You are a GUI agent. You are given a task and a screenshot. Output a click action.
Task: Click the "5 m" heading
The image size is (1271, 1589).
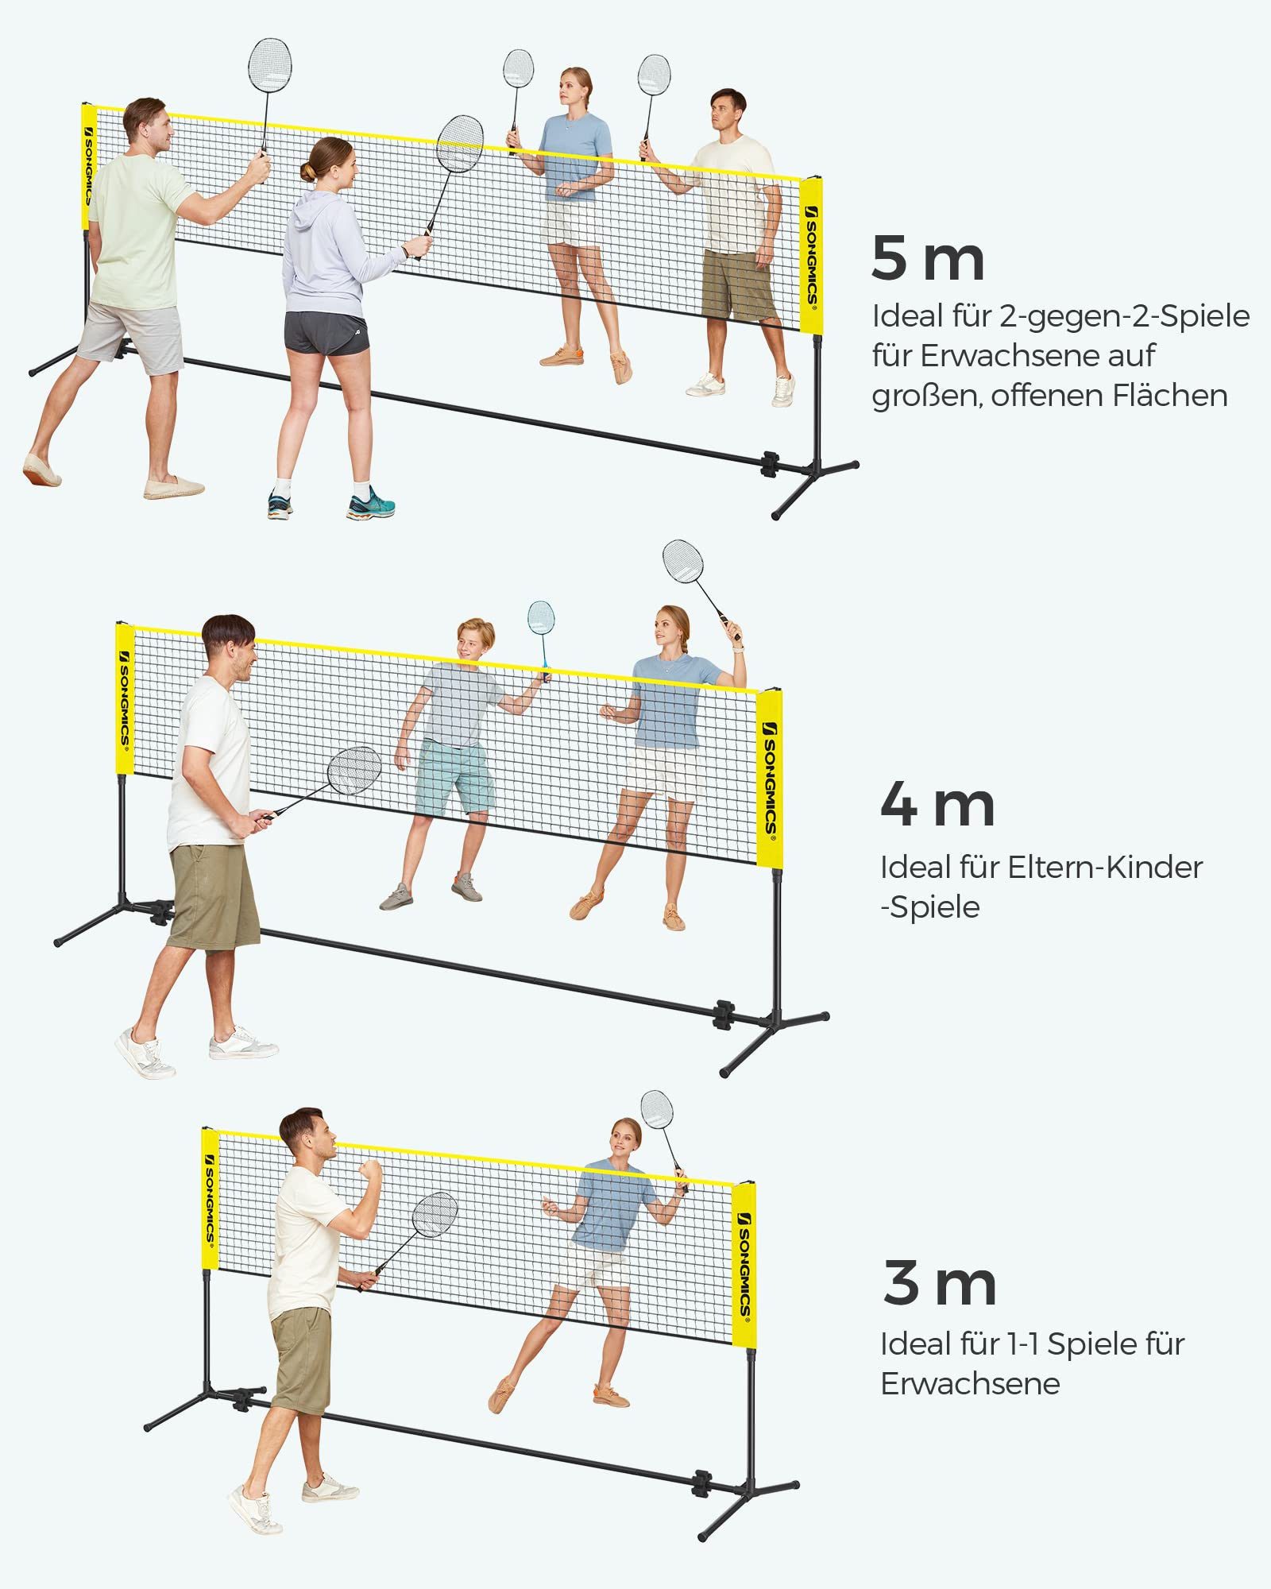pyautogui.click(x=928, y=258)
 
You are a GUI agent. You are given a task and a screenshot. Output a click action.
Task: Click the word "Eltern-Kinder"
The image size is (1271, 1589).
pyautogui.click(x=1105, y=867)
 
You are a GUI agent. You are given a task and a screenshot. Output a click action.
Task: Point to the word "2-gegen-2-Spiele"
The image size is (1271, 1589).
pyautogui.click(x=1124, y=316)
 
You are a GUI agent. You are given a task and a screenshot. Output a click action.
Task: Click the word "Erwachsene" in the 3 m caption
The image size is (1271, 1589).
pyautogui.click(x=970, y=1384)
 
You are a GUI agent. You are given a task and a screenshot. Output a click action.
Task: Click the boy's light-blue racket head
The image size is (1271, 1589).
pyautogui.click(x=541, y=617)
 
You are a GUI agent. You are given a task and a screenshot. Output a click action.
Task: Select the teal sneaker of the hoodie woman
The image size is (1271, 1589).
pyautogui.click(x=371, y=504)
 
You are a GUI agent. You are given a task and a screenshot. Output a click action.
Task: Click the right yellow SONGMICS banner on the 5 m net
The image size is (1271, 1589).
pyautogui.click(x=811, y=255)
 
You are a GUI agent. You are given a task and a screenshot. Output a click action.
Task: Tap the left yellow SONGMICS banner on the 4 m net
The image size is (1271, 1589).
pyautogui.click(x=125, y=698)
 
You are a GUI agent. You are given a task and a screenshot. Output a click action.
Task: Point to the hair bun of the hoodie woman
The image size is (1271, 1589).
pyautogui.click(x=307, y=171)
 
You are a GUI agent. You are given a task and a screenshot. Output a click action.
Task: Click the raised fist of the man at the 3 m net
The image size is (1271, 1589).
pyautogui.click(x=369, y=1171)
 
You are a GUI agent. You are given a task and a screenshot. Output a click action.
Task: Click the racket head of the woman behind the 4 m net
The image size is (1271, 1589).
pyautogui.click(x=683, y=561)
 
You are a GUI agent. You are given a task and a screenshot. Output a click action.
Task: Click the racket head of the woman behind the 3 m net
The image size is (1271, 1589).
pyautogui.click(x=657, y=1109)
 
